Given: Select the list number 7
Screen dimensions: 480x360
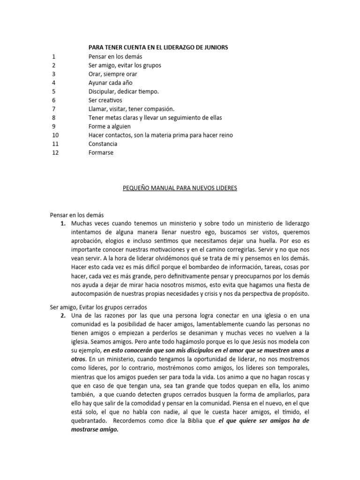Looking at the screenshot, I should point(54,109).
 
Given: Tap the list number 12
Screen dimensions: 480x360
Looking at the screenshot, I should point(55,152).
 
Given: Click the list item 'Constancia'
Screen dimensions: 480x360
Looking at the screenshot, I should point(103,144).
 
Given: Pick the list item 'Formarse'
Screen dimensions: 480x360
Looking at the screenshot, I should point(101,152).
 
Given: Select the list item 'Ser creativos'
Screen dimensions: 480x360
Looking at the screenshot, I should point(105,100).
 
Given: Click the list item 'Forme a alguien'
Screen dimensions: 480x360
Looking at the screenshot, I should point(109,126).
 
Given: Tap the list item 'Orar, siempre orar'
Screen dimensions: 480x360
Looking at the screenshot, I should point(112,74).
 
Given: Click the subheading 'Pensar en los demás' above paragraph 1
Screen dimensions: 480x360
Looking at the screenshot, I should point(76,215).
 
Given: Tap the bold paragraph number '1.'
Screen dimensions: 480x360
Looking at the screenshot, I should point(63,224).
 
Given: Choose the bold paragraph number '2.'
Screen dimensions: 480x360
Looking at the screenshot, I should point(63,315).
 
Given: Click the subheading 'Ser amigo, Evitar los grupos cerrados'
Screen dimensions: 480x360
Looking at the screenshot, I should point(98,307).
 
